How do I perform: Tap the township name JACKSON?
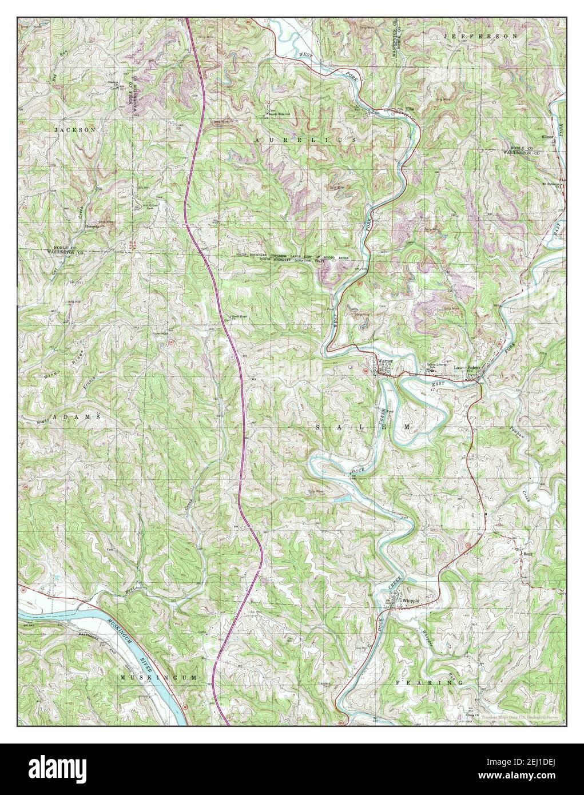coord(74,130)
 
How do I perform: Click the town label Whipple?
coord(411,601)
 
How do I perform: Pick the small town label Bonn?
coord(525,554)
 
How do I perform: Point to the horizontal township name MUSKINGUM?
coord(161,677)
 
